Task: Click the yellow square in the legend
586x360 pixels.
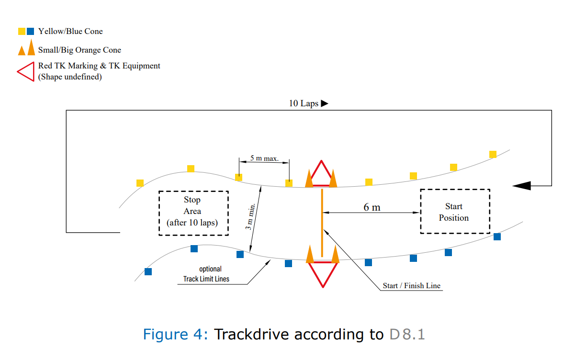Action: coord(22,32)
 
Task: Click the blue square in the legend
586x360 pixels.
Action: coord(30,32)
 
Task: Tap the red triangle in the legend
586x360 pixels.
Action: coord(26,72)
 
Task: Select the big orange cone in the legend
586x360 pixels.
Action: coord(32,47)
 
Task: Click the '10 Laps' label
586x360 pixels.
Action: coord(304,103)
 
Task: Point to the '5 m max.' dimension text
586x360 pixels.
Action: coord(264,158)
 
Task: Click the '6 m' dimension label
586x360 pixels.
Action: coord(372,207)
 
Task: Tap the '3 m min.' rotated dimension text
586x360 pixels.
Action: coord(250,217)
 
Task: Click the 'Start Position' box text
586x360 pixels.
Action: coord(454,212)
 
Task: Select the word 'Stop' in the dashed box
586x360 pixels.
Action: coord(192,200)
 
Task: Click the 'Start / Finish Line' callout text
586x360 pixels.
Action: coord(412,285)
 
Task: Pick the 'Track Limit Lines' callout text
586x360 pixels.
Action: coord(206,279)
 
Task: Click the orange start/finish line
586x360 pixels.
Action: coord(322,223)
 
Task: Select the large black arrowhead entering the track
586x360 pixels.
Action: coord(522,186)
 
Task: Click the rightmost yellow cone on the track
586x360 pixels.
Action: coord(493,154)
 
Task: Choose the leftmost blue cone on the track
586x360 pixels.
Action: coord(148,271)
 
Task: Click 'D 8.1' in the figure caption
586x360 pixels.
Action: coord(407,334)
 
